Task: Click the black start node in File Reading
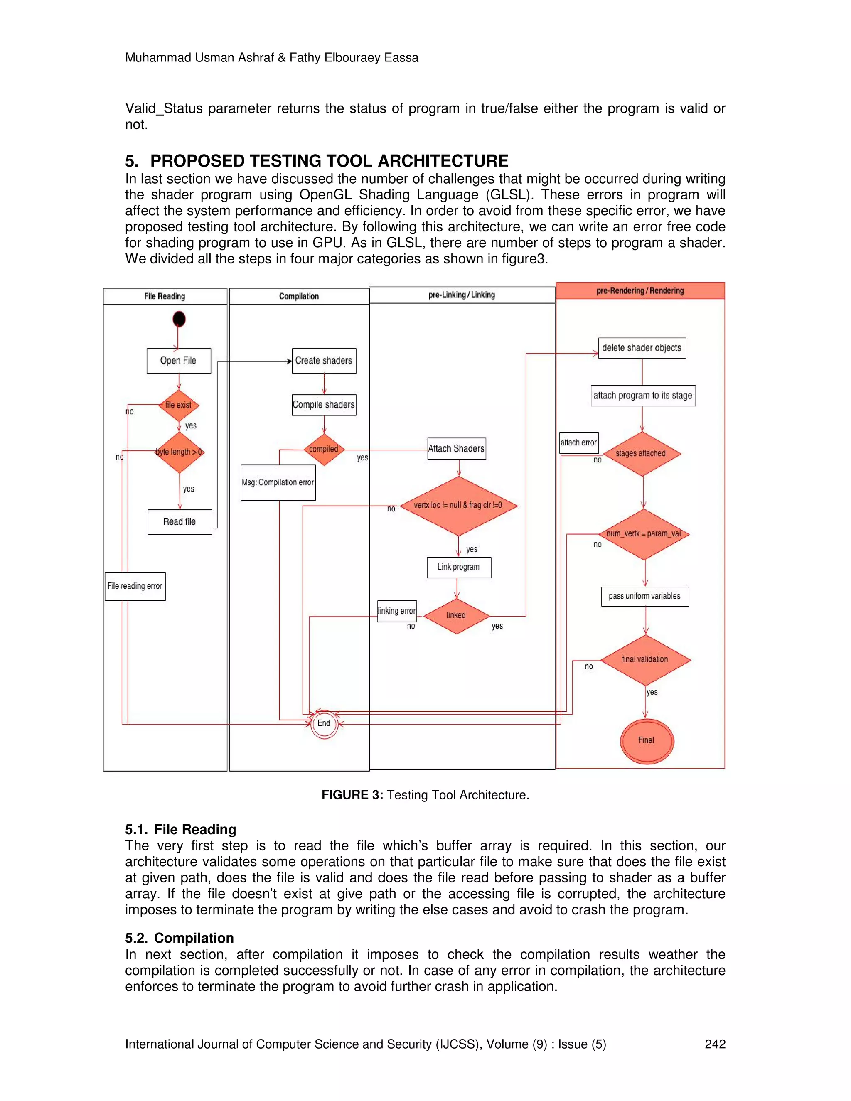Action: point(179,319)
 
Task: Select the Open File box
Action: point(178,361)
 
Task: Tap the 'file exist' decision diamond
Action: point(178,405)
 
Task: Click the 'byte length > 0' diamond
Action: point(179,452)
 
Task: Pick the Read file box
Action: point(180,522)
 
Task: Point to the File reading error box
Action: point(135,586)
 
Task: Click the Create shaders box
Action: point(324,361)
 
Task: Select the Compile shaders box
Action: point(324,405)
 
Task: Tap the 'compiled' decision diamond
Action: point(324,449)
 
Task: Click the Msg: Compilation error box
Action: point(278,482)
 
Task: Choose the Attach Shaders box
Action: point(456,449)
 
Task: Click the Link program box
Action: point(458,567)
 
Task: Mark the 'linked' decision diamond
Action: point(456,616)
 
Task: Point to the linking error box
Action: point(397,611)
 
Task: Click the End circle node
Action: point(324,723)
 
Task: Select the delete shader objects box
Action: point(642,348)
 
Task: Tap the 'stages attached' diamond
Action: point(641,454)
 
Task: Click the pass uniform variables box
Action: point(644,596)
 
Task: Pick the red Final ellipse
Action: point(646,740)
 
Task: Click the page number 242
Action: point(715,1044)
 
